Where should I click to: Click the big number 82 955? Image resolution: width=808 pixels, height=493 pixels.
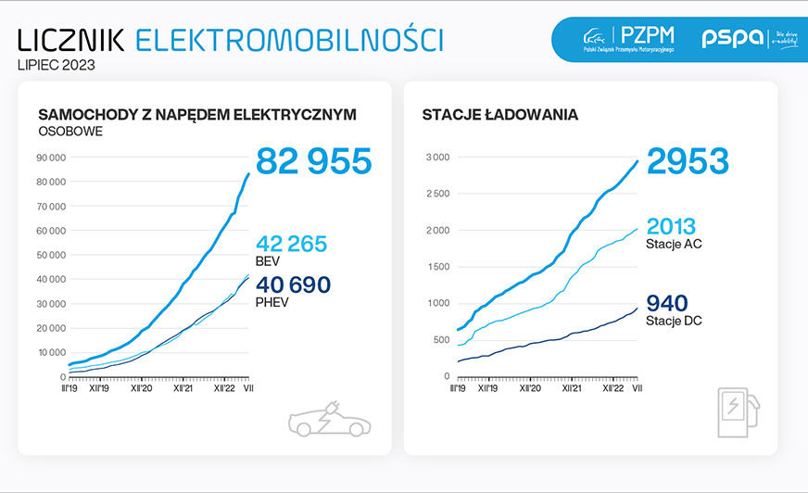click(x=313, y=161)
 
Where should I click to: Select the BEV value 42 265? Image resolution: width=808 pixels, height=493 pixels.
click(x=291, y=244)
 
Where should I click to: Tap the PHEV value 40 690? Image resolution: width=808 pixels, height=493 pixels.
click(x=292, y=284)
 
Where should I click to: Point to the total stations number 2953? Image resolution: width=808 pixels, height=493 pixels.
click(x=688, y=161)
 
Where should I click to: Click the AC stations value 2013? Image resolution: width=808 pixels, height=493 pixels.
click(x=671, y=225)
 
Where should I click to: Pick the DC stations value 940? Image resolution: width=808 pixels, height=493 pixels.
click(x=667, y=303)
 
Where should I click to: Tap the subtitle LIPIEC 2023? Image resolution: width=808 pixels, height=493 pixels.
click(x=56, y=65)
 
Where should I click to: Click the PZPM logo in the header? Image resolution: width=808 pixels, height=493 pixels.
click(x=629, y=39)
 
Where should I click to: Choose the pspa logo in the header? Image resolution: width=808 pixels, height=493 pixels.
click(x=732, y=38)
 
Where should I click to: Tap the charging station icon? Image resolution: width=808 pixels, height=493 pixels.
click(x=739, y=410)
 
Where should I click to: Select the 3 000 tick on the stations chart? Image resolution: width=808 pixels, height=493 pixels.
click(x=436, y=157)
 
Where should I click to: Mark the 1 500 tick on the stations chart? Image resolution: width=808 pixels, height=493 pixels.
click(x=436, y=267)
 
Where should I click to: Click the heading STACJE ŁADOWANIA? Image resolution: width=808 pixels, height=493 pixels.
click(x=499, y=115)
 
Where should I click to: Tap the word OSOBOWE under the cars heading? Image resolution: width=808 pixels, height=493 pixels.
click(x=69, y=131)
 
